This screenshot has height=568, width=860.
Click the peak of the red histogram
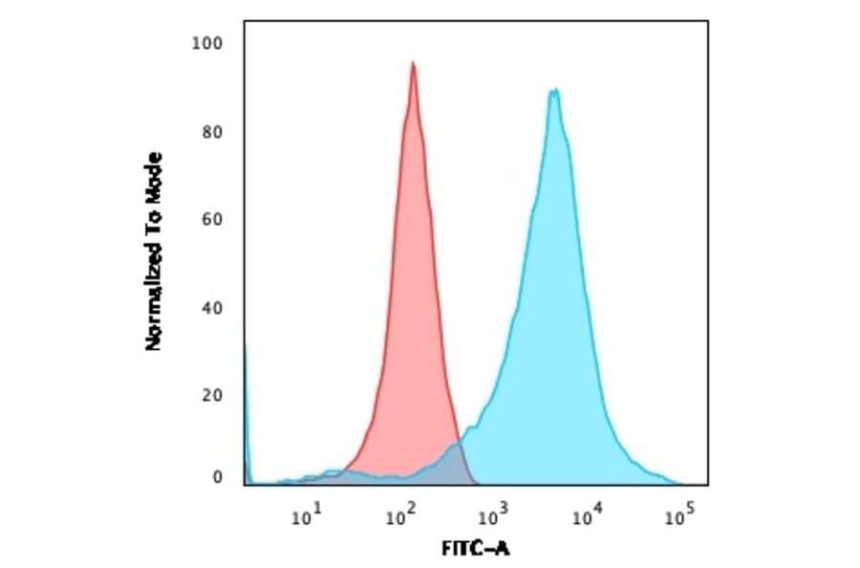coord(413,65)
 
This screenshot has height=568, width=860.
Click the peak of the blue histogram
coord(553,92)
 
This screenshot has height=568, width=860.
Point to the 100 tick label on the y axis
coord(208,43)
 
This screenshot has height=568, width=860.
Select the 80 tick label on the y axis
coord(213,132)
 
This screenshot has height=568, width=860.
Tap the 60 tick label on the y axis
coord(213,220)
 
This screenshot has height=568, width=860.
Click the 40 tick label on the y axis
coord(213,308)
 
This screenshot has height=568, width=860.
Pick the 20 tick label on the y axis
coord(213,396)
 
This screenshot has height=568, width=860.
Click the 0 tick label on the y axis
coord(218,477)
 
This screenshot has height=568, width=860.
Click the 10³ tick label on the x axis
coord(493,517)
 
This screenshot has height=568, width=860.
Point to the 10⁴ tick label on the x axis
coord(587,517)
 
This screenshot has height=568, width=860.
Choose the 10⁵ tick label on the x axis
coord(679,517)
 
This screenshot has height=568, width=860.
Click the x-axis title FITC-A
coord(476,551)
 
